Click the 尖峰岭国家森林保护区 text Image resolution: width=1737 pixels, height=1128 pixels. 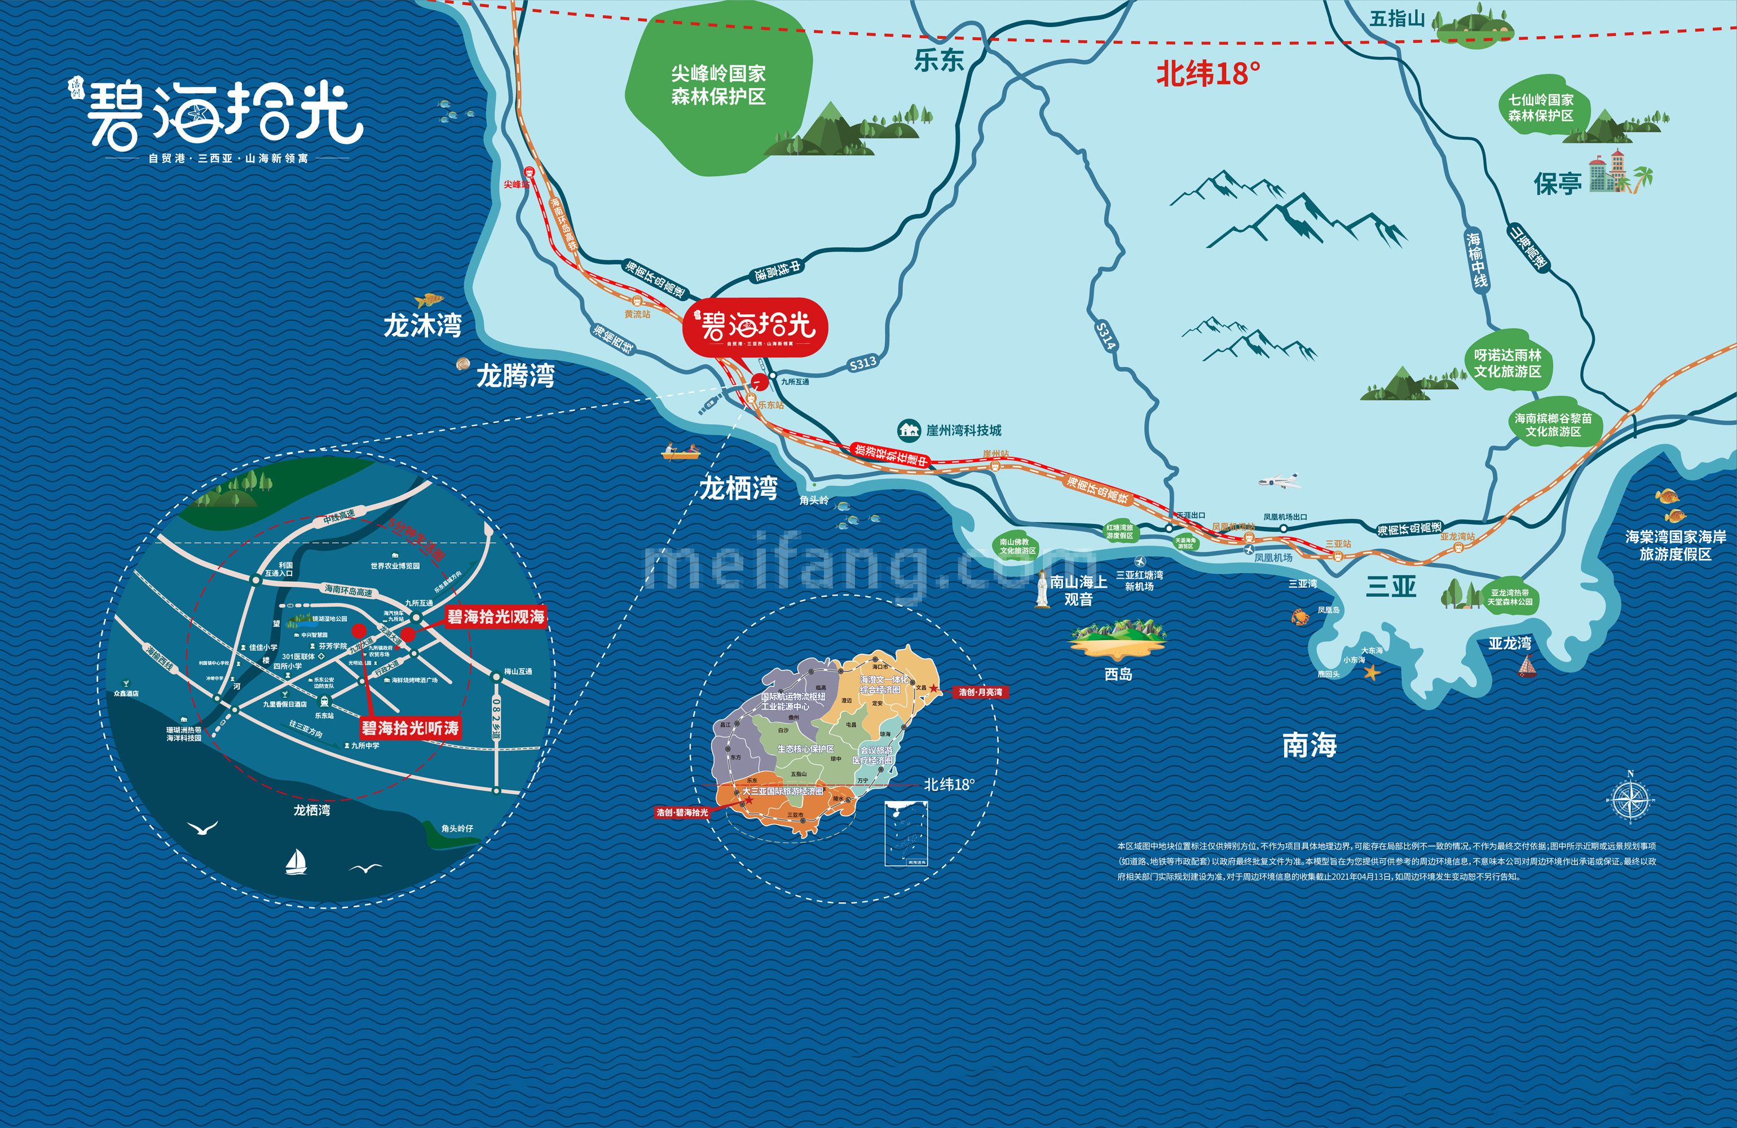718,85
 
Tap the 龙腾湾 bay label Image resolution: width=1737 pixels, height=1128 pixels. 515,376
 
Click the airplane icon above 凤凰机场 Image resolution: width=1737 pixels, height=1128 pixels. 1280,481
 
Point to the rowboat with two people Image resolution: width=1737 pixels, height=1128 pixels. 680,452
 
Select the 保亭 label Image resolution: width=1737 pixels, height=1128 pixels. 1558,184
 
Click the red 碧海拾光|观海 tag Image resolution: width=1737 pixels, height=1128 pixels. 496,617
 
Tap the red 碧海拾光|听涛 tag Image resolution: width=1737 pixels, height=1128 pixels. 410,728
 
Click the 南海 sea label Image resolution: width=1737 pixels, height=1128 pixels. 1310,746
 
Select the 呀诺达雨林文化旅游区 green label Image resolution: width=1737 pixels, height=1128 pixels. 1507,363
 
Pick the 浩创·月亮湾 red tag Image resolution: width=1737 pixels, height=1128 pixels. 980,691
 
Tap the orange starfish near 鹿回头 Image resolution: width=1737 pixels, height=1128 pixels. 1372,672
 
